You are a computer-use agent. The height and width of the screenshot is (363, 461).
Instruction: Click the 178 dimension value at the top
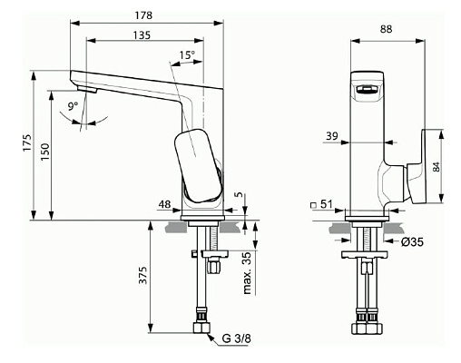pyautogui.click(x=143, y=15)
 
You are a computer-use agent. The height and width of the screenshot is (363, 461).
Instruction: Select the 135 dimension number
pyautogui.click(x=142, y=35)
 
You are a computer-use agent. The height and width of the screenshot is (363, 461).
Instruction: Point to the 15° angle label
pyautogui.click(x=187, y=55)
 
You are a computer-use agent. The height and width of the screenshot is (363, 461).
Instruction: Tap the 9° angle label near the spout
pyautogui.click(x=73, y=106)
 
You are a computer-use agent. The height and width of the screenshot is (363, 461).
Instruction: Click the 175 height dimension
pyautogui.click(x=27, y=142)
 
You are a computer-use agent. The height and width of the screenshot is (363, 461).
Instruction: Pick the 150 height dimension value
pyautogui.click(x=45, y=152)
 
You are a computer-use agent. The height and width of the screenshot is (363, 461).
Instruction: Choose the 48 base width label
pyautogui.click(x=165, y=204)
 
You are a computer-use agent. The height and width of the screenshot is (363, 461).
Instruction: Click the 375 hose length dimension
pyautogui.click(x=142, y=275)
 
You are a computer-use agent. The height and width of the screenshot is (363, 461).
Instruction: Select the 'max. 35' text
pyautogui.click(x=247, y=273)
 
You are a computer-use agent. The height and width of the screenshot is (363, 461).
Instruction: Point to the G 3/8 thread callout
pyautogui.click(x=237, y=338)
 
